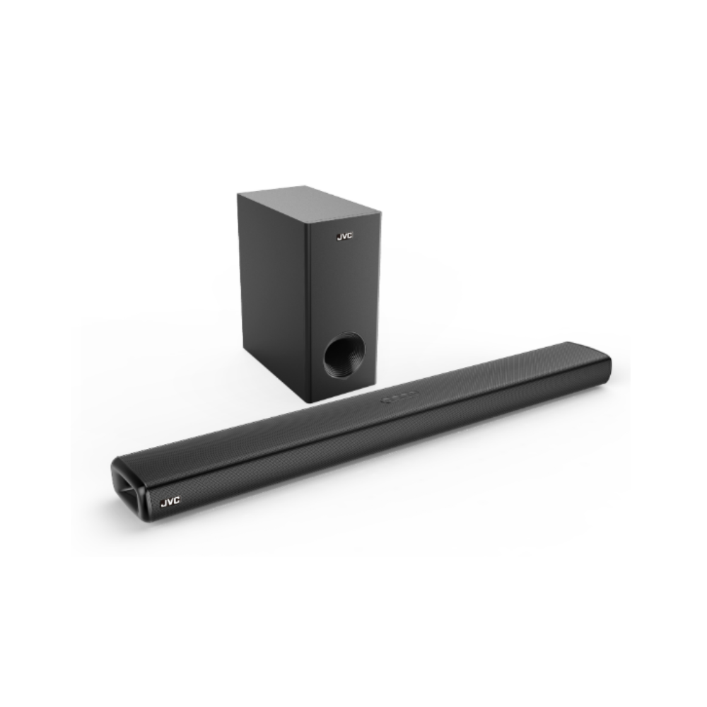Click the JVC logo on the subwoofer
[x=344, y=236]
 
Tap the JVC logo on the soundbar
[x=170, y=501]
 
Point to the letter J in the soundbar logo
[x=164, y=502]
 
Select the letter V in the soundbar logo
[x=170, y=501]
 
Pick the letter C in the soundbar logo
[x=176, y=501]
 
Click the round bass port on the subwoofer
[x=344, y=355]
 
